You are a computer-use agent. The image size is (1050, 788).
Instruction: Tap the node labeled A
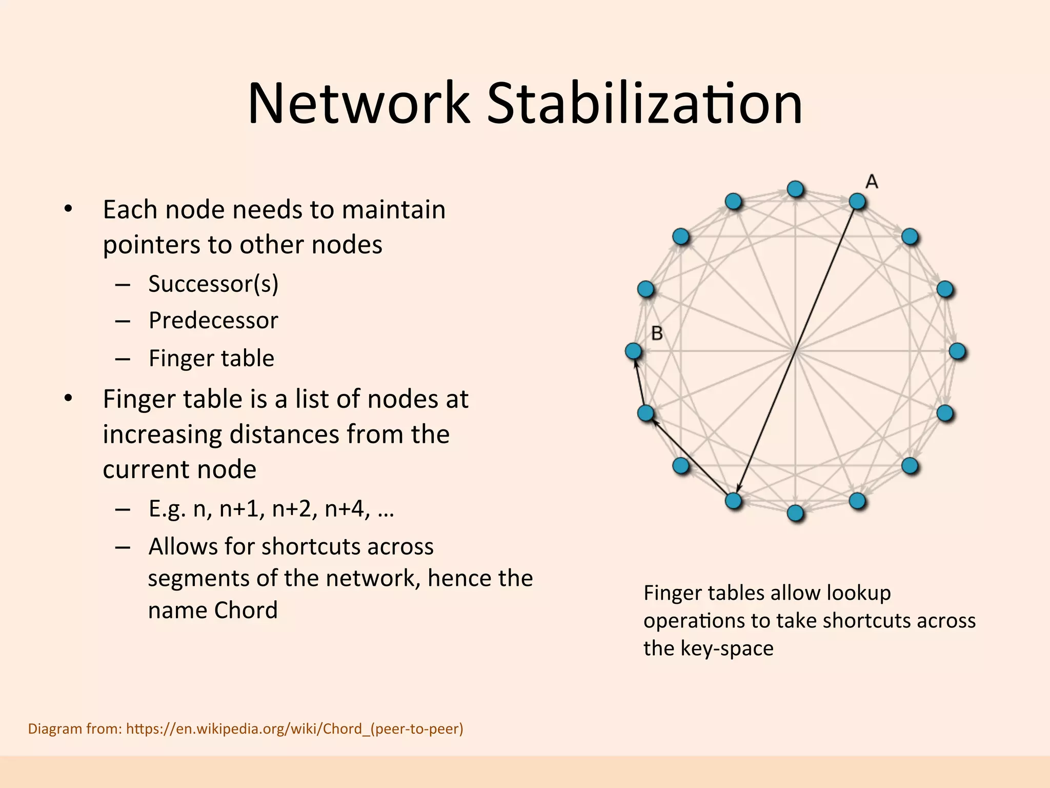(857, 201)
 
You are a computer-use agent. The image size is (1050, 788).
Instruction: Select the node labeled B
(634, 351)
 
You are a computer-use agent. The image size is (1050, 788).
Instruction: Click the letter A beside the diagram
(872, 182)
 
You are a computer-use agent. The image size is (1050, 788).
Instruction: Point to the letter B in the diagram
(657, 333)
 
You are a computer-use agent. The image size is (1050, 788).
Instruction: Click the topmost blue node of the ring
(795, 189)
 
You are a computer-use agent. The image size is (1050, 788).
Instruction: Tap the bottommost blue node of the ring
(795, 513)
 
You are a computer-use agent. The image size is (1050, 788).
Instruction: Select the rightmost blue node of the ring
(957, 351)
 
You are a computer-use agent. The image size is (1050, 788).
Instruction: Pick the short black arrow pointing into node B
(640, 382)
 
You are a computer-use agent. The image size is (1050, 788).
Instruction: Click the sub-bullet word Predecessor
(213, 321)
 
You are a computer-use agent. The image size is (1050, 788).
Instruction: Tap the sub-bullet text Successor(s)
(213, 284)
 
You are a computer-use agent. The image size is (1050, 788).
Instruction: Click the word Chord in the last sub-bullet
(246, 610)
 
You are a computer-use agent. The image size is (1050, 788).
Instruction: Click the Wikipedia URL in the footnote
(294, 728)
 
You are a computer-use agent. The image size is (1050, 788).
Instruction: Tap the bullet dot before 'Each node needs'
(68, 209)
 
